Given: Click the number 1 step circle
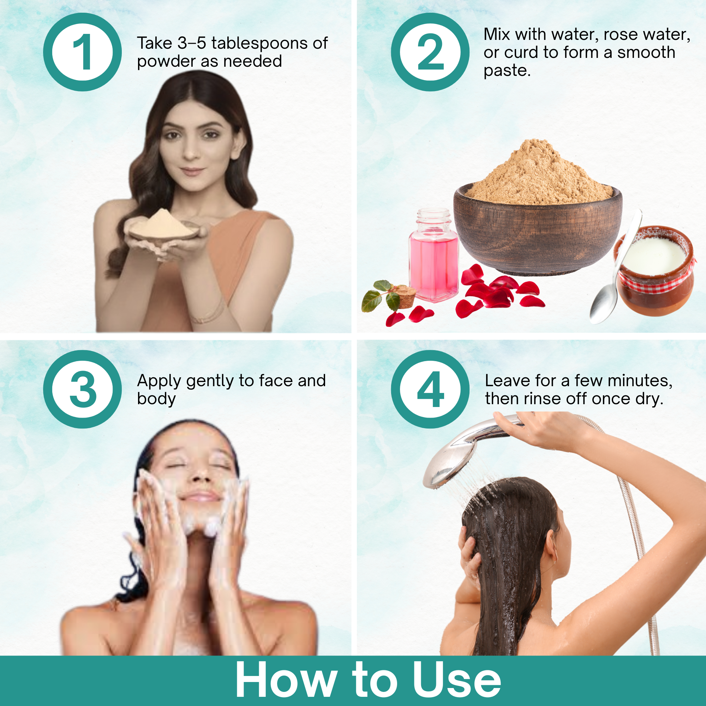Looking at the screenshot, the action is coord(82,52).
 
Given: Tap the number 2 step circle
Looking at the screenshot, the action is coord(430,52).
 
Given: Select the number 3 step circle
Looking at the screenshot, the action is coord(82,389).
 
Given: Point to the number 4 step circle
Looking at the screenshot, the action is coord(430,389).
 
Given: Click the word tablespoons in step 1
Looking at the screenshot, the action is coord(259,43).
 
